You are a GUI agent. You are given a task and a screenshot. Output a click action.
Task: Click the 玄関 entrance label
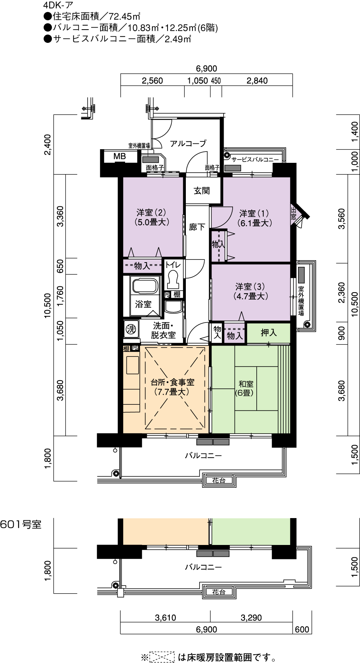click(x=201, y=190)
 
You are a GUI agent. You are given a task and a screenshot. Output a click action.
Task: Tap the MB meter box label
click(x=120, y=156)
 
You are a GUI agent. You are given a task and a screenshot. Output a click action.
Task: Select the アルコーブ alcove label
click(x=188, y=144)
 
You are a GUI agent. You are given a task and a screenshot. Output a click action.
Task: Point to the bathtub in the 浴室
click(x=145, y=286)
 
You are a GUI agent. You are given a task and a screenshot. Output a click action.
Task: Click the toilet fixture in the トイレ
click(x=173, y=280)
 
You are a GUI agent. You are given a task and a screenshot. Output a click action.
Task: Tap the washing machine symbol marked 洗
click(x=131, y=328)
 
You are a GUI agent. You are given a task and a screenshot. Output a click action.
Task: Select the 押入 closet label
click(x=268, y=333)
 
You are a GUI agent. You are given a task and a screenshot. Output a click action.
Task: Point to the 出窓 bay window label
click(x=293, y=213)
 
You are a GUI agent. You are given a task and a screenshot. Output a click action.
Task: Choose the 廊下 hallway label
click(x=197, y=227)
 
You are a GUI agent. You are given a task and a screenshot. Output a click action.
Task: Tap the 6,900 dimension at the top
click(x=206, y=69)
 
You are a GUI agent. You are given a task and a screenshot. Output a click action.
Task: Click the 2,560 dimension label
click(x=152, y=81)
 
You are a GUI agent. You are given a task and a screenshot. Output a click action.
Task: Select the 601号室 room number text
click(x=21, y=525)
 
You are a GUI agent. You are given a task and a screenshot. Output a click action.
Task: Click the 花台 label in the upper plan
click(x=219, y=480)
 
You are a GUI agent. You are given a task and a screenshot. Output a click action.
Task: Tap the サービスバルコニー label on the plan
click(x=255, y=160)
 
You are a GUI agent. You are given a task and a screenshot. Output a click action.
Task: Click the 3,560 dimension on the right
click(x=342, y=219)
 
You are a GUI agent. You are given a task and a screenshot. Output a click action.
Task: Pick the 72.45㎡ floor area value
click(x=124, y=16)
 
